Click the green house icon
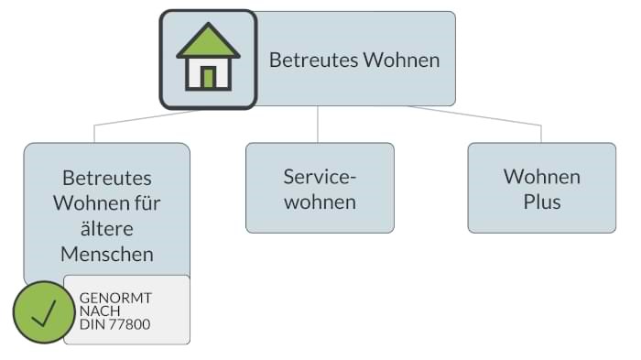click(208, 59)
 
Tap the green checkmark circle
click(42, 312)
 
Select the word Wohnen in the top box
click(401, 60)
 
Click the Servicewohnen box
click(320, 188)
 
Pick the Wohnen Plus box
click(541, 188)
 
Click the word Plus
click(541, 202)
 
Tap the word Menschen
click(107, 253)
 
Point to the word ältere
click(107, 227)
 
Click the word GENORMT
click(116, 299)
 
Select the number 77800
click(130, 324)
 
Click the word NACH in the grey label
click(100, 311)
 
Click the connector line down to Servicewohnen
click(318, 124)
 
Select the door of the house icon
click(208, 77)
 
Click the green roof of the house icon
click(208, 41)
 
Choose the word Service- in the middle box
click(320, 176)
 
